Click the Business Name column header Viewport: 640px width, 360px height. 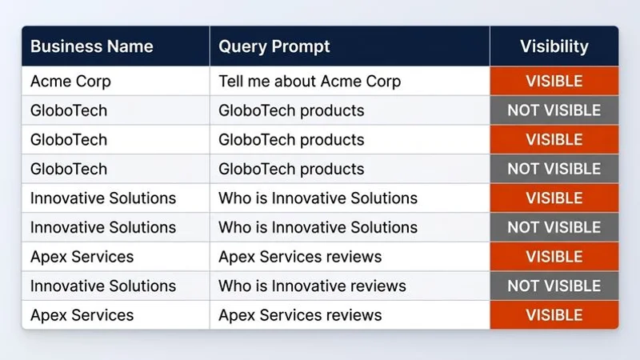pyautogui.click(x=91, y=46)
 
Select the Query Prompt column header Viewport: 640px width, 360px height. pyautogui.click(x=274, y=46)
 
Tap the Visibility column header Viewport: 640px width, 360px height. pyautogui.click(x=554, y=46)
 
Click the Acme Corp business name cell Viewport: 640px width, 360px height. pyautogui.click(x=70, y=81)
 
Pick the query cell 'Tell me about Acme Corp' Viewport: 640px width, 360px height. pyautogui.click(x=310, y=81)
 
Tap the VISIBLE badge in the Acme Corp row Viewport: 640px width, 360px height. pyautogui.click(x=554, y=81)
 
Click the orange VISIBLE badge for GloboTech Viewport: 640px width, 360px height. pyautogui.click(x=554, y=139)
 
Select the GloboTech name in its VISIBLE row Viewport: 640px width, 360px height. pyautogui.click(x=68, y=139)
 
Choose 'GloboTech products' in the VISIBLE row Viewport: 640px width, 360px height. pyautogui.click(x=291, y=139)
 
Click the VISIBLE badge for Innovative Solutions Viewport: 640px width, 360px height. pyautogui.click(x=554, y=198)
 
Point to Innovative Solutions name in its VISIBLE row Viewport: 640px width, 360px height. pyautogui.click(x=103, y=198)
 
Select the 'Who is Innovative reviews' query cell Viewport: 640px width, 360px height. pyautogui.click(x=312, y=286)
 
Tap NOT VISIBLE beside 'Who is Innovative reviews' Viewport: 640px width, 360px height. pyautogui.click(x=554, y=286)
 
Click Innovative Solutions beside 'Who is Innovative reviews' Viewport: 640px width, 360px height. pyautogui.click(x=103, y=286)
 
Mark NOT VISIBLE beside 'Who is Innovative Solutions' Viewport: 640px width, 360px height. pyautogui.click(x=554, y=227)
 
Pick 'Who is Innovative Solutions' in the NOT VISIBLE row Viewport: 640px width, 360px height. pyautogui.click(x=318, y=227)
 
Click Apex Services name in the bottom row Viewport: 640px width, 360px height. pyautogui.click(x=82, y=315)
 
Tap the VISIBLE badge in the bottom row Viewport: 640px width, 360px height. pyautogui.click(x=554, y=315)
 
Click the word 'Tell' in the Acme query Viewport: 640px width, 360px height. pyautogui.click(x=231, y=81)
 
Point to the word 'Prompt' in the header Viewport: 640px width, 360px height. pyautogui.click(x=301, y=46)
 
